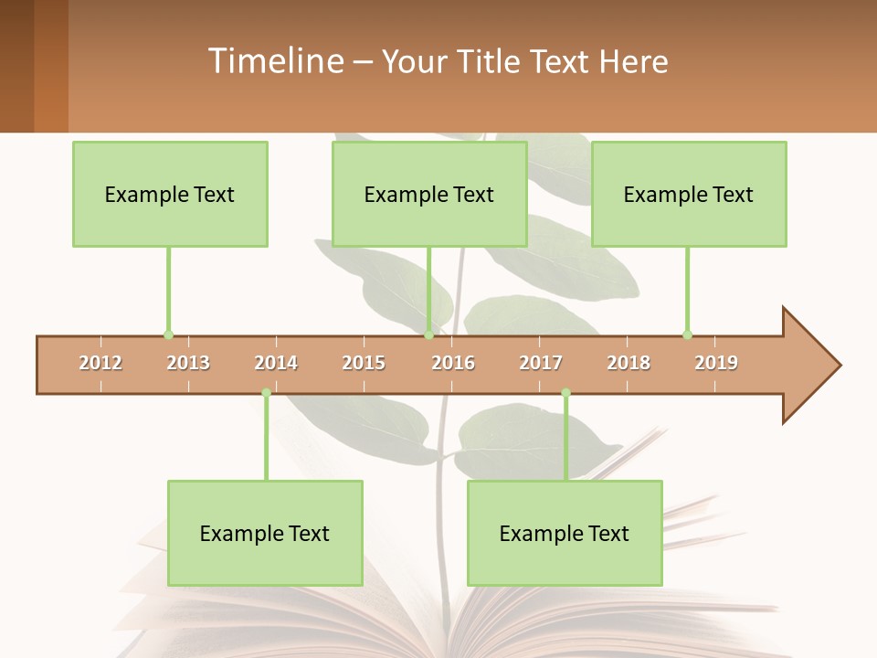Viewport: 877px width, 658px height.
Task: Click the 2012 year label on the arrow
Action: point(100,363)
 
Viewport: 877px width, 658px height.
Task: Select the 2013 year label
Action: point(188,363)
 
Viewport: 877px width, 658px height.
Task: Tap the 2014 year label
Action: point(276,363)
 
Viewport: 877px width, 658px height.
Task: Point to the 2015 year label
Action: point(364,363)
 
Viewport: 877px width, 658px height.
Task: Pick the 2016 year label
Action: point(453,363)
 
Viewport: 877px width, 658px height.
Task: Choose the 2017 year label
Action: point(541,363)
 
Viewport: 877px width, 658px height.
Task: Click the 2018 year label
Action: point(629,363)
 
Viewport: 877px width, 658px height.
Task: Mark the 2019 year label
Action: point(716,363)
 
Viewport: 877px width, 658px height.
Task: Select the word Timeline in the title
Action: point(274,61)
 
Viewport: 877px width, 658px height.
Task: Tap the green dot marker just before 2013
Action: point(168,334)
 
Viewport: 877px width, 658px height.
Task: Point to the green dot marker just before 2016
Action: point(428,334)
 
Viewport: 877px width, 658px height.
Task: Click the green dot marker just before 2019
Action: point(687,334)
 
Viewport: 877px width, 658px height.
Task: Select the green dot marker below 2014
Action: point(266,393)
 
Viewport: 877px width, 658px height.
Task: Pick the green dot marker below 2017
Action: point(565,393)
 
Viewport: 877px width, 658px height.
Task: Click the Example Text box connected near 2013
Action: point(170,194)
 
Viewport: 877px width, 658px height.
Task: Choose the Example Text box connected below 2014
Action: point(265,533)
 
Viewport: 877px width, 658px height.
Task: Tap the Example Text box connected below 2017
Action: point(565,533)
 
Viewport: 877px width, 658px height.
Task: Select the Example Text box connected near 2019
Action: point(689,194)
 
